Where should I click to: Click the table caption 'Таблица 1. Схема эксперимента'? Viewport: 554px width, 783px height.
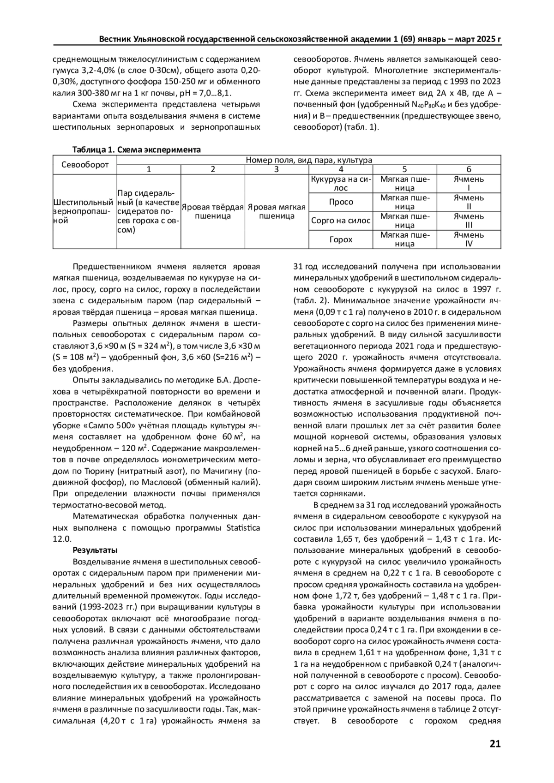point(136,150)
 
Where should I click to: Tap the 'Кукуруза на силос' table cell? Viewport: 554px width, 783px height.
point(340,183)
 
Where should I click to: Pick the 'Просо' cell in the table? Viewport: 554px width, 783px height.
point(341,202)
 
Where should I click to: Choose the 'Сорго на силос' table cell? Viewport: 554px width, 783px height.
point(341,221)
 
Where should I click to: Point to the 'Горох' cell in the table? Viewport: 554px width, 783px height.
point(341,239)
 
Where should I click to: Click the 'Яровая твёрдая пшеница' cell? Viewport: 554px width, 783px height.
point(212,211)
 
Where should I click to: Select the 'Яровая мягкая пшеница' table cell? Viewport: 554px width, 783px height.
point(277,211)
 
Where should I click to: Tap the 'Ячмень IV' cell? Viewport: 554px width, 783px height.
point(469,239)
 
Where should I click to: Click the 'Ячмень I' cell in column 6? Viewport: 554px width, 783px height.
point(469,183)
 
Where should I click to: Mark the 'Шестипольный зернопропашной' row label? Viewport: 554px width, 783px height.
point(84,211)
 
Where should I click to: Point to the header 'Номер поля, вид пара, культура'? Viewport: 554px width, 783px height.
point(308,160)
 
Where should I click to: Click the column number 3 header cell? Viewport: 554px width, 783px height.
point(276,169)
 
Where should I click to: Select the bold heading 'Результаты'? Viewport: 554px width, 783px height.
point(95,550)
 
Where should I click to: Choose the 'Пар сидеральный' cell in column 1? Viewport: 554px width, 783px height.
point(149,211)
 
